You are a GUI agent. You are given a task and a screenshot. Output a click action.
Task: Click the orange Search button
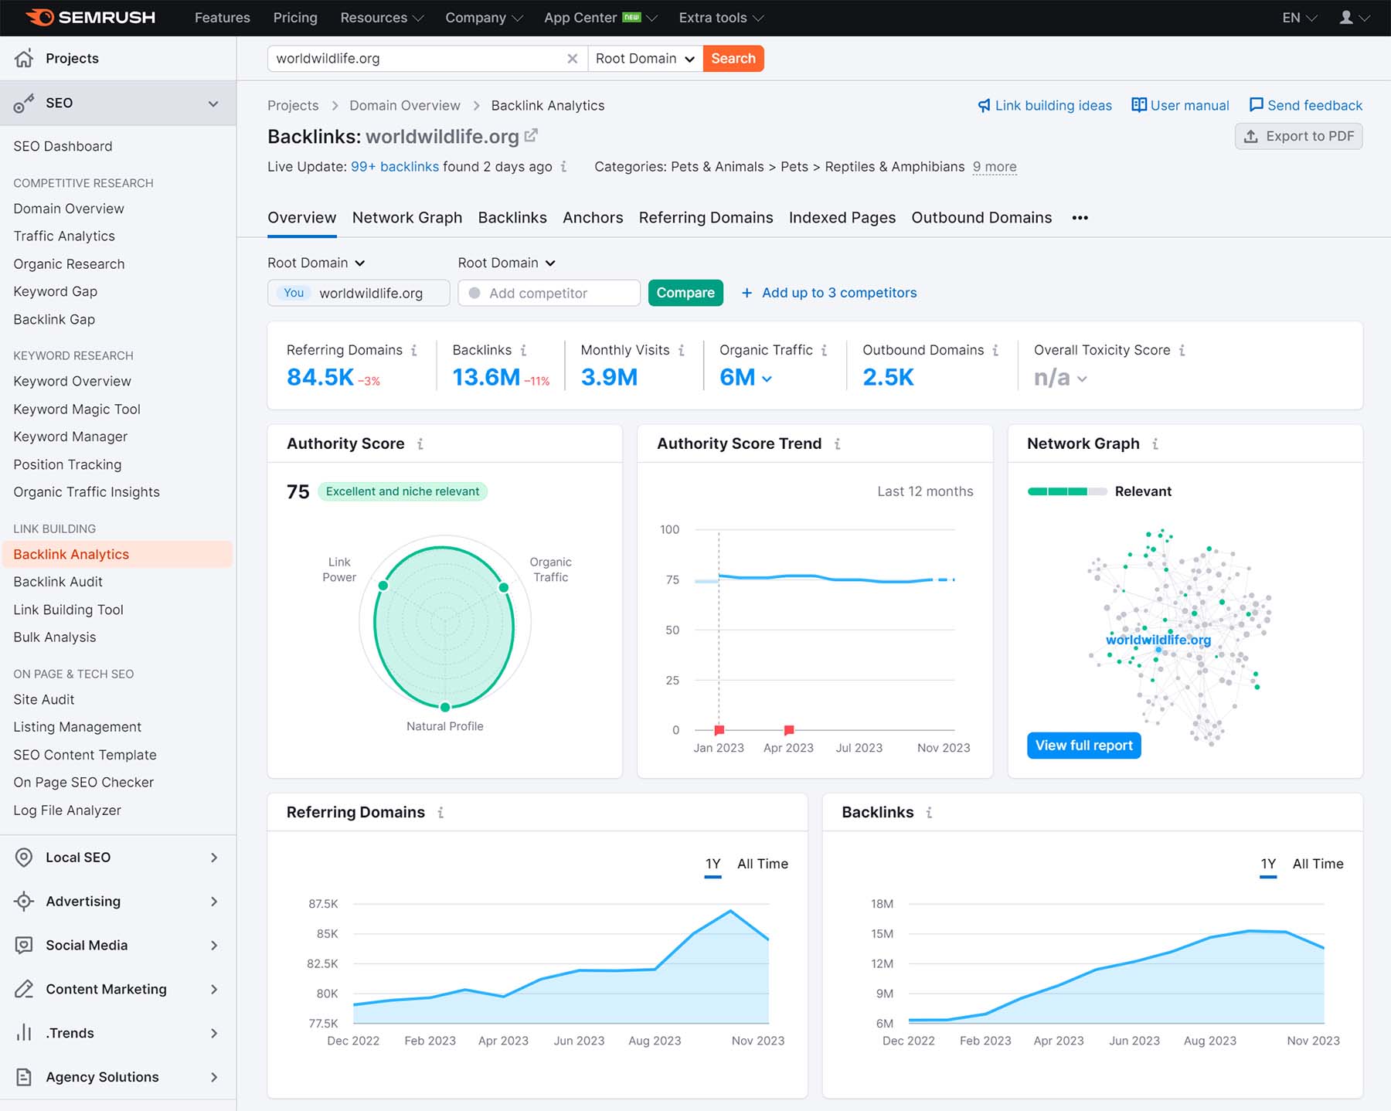(x=733, y=59)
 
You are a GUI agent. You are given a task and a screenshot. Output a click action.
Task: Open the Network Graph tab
(x=406, y=218)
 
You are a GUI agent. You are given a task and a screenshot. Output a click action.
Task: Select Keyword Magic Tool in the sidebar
(x=77, y=409)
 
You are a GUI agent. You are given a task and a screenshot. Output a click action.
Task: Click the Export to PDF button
(x=1298, y=137)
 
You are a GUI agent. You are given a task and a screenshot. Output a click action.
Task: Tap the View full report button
(x=1083, y=746)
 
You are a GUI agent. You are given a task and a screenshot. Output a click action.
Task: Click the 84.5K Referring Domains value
(x=320, y=377)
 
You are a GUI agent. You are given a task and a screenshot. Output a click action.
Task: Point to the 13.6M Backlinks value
(x=486, y=377)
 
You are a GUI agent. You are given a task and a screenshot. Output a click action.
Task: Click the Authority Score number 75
(x=298, y=492)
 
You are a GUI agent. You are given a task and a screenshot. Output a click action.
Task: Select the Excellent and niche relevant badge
(x=402, y=491)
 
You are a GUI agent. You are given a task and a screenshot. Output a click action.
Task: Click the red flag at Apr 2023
(x=789, y=729)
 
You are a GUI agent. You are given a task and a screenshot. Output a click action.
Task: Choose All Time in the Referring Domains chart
(x=762, y=864)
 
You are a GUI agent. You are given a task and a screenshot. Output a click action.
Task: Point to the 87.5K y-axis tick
(x=323, y=904)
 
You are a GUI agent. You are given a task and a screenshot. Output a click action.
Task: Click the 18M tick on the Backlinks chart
(x=882, y=904)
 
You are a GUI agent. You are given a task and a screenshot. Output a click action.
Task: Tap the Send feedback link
(x=1305, y=106)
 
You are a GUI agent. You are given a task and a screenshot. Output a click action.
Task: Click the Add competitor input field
(x=549, y=294)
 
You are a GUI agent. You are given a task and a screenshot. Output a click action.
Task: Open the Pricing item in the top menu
(x=295, y=18)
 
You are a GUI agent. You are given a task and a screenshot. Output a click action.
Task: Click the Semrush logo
(x=90, y=18)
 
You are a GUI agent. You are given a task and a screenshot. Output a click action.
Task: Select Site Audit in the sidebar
(x=44, y=700)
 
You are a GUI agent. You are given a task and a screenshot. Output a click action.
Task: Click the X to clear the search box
(x=572, y=59)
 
